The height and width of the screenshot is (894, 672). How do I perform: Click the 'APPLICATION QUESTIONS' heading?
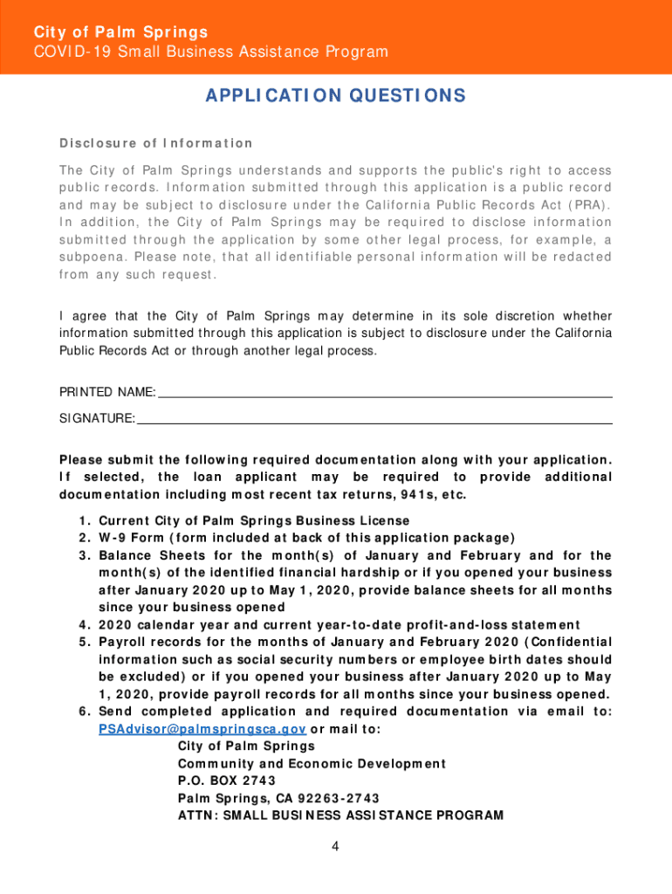coord(336,96)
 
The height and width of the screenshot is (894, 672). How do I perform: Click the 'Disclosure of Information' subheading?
coord(155,143)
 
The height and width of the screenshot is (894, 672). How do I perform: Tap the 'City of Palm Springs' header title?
coord(120,32)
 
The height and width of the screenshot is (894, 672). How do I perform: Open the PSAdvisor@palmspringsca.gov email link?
coord(202,729)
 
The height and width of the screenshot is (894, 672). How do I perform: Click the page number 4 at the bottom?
coord(335,847)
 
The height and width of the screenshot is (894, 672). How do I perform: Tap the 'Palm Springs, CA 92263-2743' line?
coord(278,799)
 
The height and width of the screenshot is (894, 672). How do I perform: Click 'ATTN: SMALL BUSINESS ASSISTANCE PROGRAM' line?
coord(340,815)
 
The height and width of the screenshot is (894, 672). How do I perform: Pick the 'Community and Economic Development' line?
coord(312,764)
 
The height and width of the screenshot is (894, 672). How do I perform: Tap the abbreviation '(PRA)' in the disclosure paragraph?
coord(588,205)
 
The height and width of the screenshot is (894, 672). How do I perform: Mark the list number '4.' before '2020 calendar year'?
coord(84,624)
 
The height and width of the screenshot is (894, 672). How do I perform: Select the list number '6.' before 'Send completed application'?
coord(84,712)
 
